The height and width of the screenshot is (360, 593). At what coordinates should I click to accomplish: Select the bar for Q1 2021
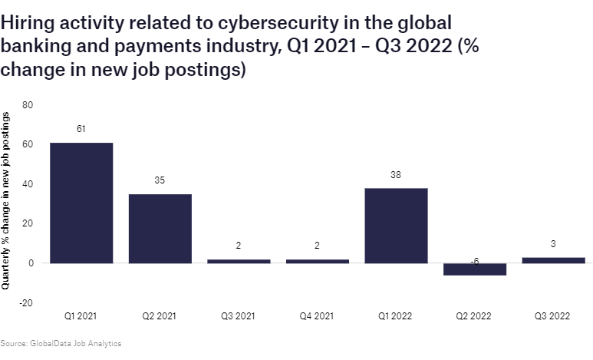point(81,203)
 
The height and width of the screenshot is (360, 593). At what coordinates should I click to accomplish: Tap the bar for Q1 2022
point(396,225)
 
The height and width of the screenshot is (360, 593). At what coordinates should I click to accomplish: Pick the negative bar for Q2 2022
point(475,269)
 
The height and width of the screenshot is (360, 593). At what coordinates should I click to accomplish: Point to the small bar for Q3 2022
point(554,260)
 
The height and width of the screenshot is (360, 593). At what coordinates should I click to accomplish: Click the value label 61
point(81,129)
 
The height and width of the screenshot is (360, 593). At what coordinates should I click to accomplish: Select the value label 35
point(160,180)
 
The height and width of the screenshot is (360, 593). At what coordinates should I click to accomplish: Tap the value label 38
point(396,174)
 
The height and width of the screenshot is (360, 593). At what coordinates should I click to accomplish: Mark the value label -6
point(475,262)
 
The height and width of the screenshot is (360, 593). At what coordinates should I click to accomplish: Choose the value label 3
point(554,244)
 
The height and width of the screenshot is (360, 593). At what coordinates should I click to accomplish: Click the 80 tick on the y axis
point(28,104)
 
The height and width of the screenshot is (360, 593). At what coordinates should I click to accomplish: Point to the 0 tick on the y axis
point(30,263)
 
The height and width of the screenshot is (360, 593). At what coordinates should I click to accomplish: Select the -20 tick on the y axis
point(26,303)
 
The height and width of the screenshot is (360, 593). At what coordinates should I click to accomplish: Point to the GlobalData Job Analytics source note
point(61,344)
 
